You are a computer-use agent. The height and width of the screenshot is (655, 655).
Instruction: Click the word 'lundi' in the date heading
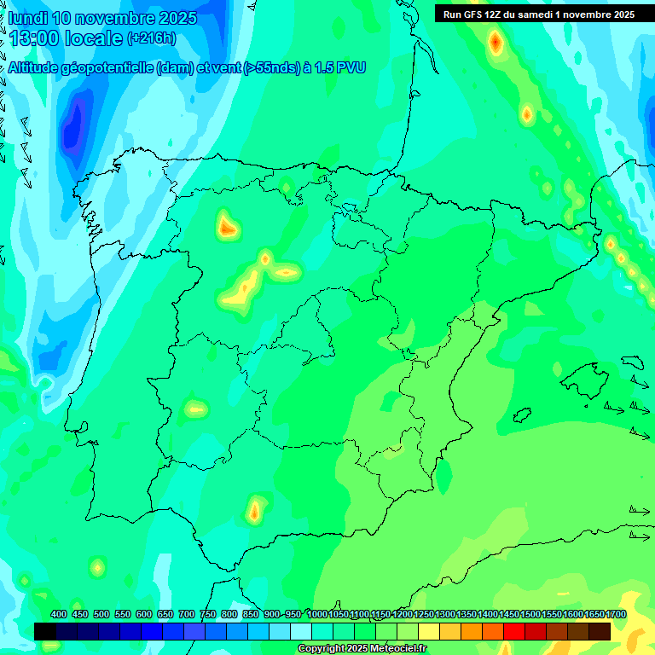click(27, 18)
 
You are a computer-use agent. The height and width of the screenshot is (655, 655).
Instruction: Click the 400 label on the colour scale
click(59, 615)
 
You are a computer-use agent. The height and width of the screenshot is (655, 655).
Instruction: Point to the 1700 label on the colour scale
click(616, 615)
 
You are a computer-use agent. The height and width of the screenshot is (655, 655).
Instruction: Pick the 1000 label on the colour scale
click(316, 615)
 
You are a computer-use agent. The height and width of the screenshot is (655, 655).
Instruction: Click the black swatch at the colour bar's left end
click(45, 631)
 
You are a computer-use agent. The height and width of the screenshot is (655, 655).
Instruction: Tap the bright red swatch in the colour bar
click(514, 631)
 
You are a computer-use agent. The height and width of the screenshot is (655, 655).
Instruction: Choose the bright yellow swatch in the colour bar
click(429, 631)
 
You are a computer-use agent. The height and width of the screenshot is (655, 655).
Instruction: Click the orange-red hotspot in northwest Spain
click(227, 228)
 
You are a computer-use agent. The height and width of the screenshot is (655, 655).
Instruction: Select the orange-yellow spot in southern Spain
click(254, 511)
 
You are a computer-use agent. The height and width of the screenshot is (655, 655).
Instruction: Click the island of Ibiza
click(519, 415)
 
